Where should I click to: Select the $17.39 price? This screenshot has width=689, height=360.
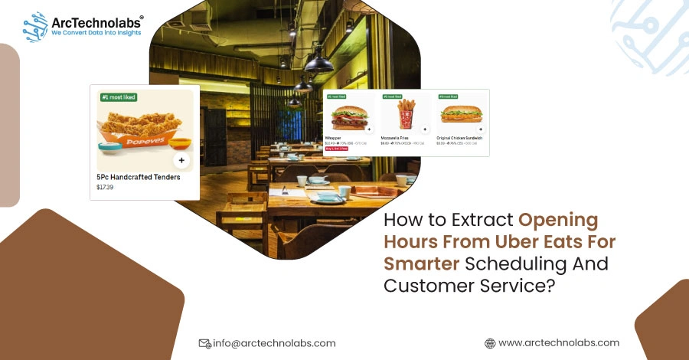pyautogui.click(x=104, y=187)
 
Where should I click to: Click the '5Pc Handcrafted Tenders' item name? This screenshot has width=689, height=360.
pyautogui.click(x=139, y=177)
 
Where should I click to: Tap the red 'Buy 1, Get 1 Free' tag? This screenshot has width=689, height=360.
pyautogui.click(x=337, y=149)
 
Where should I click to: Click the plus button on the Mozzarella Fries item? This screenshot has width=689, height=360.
pyautogui.click(x=424, y=129)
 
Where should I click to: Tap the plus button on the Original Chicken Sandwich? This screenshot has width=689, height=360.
pyautogui.click(x=480, y=129)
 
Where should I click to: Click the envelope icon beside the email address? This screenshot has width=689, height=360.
pyautogui.click(x=204, y=343)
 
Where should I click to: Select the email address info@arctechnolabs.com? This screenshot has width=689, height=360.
pyautogui.click(x=274, y=343)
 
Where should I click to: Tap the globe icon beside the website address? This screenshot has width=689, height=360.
pyautogui.click(x=490, y=343)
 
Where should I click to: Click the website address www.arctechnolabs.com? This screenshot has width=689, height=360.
pyautogui.click(x=559, y=343)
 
